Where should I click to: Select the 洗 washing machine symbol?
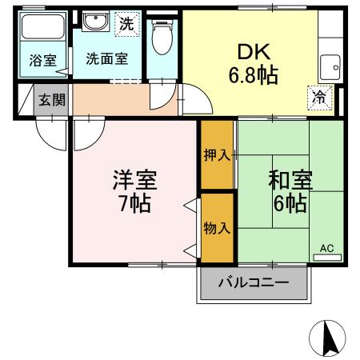[x=126, y=24]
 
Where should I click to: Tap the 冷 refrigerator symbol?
[x=318, y=98]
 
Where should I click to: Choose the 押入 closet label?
[x=216, y=155]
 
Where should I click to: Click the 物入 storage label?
[x=216, y=228]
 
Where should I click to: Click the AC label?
[x=326, y=248]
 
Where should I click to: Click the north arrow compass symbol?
[x=327, y=338]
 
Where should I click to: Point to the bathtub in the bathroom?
[x=43, y=28]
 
